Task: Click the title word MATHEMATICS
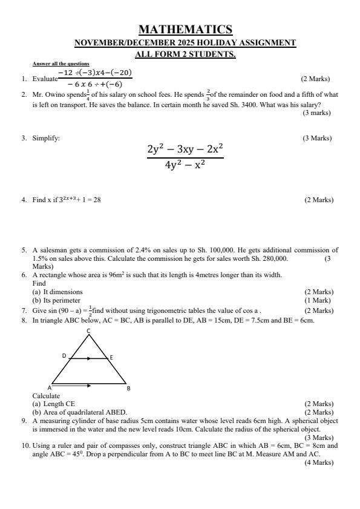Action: (x=185, y=29)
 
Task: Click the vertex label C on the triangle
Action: (x=89, y=330)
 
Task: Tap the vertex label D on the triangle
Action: (x=64, y=356)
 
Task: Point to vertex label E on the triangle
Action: (x=111, y=357)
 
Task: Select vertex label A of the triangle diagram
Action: (x=50, y=387)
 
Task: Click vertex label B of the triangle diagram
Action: (x=128, y=387)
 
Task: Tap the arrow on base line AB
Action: (x=88, y=384)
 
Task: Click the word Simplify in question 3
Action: (x=46, y=138)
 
